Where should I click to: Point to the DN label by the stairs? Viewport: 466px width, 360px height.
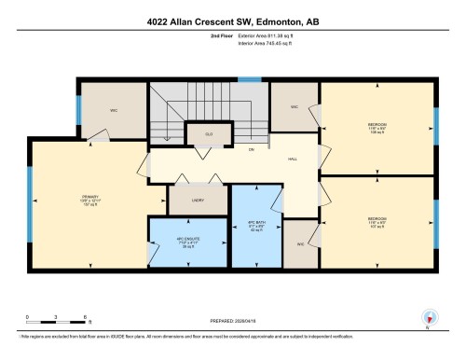pos(250,149)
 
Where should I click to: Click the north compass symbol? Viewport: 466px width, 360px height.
pos(430,316)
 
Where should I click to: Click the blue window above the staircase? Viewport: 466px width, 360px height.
pos(243,79)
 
